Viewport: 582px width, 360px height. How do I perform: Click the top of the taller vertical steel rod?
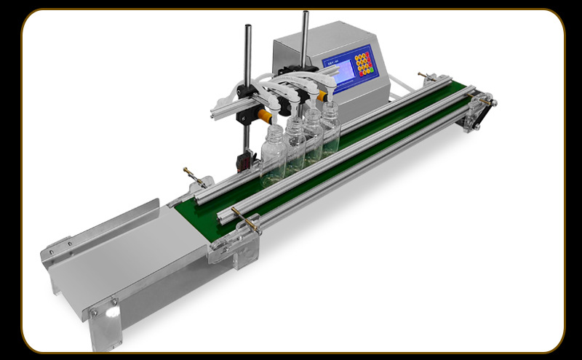click(x=306, y=14)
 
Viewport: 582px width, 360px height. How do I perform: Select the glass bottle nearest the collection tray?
click(x=274, y=154)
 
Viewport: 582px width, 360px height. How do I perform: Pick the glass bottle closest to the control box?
click(x=331, y=127)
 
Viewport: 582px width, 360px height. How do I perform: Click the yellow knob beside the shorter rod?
click(x=265, y=114)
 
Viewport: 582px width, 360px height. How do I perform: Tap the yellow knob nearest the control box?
click(x=322, y=94)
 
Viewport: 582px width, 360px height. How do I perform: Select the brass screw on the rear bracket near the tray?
click(x=191, y=174)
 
